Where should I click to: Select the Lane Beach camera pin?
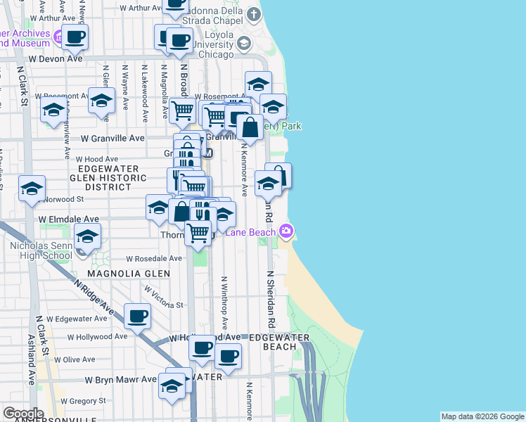[x=286, y=231]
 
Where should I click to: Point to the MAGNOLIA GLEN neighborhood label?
[x=129, y=273]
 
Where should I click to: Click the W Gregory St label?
[x=83, y=400]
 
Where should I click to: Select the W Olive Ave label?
[x=79, y=359]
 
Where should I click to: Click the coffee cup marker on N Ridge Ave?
[x=138, y=316]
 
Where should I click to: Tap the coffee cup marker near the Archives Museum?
[x=75, y=37]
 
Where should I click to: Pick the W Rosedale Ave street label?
[x=154, y=258]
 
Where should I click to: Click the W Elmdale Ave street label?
[x=69, y=219]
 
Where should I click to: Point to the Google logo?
[x=23, y=414]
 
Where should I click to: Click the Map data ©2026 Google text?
[x=482, y=416]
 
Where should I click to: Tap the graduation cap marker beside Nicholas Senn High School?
[x=88, y=236]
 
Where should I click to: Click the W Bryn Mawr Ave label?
[x=120, y=379]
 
